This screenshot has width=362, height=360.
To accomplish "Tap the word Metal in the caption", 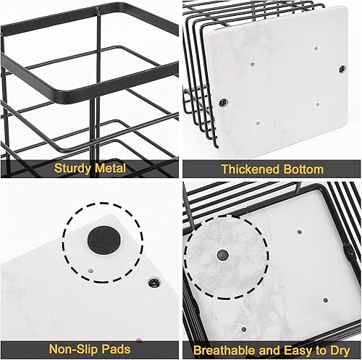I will (109, 169).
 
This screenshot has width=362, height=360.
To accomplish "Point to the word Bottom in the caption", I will (300, 169).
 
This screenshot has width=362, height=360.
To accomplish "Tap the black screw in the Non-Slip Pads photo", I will (153, 281).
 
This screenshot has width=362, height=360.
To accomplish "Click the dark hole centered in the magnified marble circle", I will (221, 255).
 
